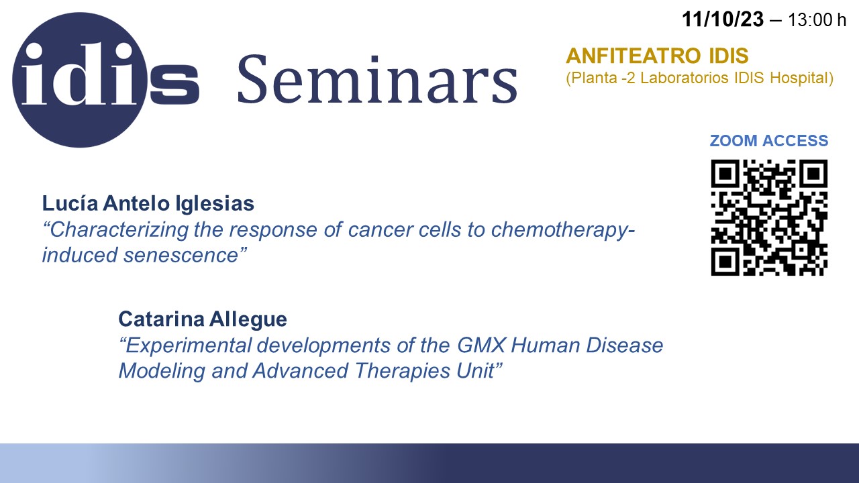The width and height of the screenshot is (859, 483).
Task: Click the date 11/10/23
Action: pos(723,19)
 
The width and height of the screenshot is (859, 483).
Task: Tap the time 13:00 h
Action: pos(817,20)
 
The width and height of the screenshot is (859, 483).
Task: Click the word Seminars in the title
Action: pos(378,79)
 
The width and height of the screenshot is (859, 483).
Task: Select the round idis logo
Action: pos(80,80)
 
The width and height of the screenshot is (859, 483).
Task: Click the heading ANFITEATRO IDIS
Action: pos(657,56)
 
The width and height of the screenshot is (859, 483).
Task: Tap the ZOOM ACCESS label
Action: pos(769,141)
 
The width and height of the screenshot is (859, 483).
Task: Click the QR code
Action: pos(769,217)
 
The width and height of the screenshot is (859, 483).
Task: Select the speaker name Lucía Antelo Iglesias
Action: pos(148,203)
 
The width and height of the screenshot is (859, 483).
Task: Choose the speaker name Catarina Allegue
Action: pos(203,319)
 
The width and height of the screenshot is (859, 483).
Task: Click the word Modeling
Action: pos(162,371)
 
